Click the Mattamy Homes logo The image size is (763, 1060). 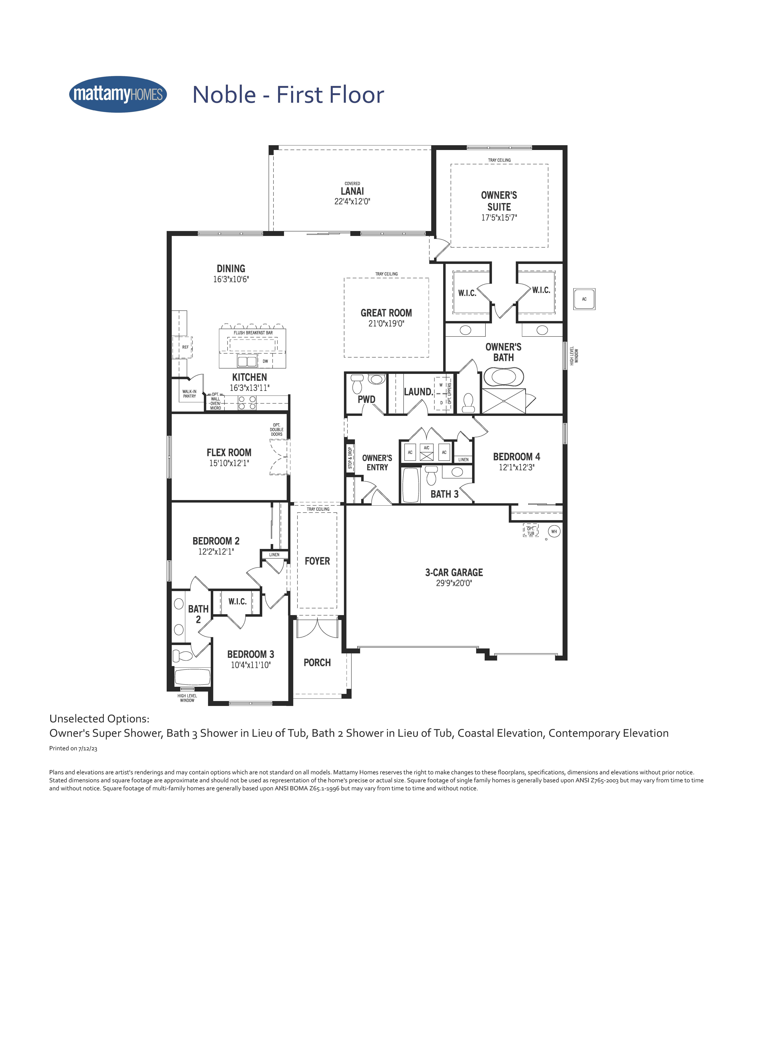coord(118,94)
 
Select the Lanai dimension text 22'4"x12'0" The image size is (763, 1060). coord(352,201)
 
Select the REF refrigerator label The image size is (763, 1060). coord(185,347)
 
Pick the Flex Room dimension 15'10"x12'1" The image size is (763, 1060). coord(229,463)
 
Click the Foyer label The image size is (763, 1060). coord(317,561)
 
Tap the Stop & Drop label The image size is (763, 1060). coord(350,458)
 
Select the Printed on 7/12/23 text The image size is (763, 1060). coord(73,748)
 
